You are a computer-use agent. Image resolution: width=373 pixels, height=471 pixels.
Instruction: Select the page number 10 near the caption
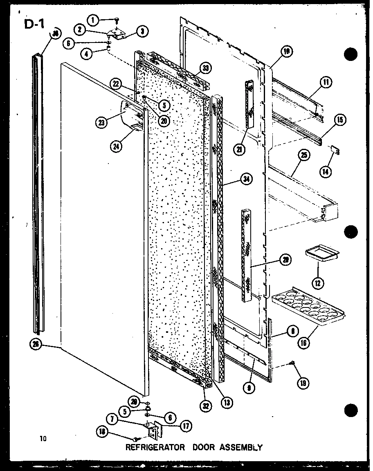(x=43, y=439)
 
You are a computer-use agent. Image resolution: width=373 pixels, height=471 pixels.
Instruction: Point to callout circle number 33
(x=204, y=67)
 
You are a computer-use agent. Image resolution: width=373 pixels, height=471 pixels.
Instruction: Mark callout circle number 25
(x=303, y=155)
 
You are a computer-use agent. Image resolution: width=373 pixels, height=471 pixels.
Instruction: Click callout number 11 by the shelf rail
(x=326, y=82)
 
